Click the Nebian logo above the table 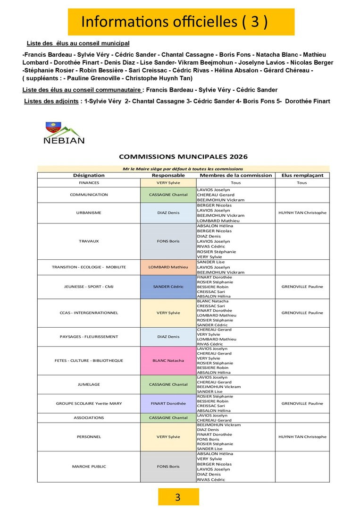coord(64,133)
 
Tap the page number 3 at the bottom coord(178,497)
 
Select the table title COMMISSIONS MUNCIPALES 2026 coord(183,157)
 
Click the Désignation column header coord(89,175)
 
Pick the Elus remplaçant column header coord(302,175)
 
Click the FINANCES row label coord(89,183)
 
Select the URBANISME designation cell coord(89,212)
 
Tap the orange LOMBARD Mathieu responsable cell coord(168,267)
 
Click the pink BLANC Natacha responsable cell coord(168,361)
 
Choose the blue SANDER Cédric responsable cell coord(168,287)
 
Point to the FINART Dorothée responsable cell coord(168,404)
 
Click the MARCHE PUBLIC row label coord(89,467)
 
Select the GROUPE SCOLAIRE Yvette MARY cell coord(89,404)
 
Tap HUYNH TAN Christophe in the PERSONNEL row coord(302,437)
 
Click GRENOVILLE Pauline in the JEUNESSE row coord(302,287)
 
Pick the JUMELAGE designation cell coord(89,384)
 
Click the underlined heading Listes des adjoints coord(51,101)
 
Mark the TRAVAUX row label coord(89,241)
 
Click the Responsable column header coord(168,175)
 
